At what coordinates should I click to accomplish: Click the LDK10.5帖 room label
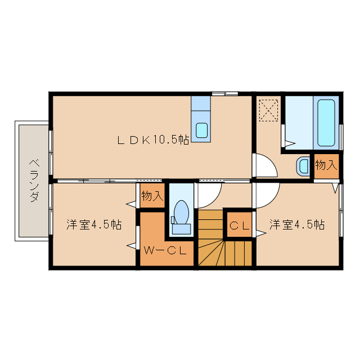click(x=152, y=141)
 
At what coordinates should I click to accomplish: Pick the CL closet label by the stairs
click(x=239, y=226)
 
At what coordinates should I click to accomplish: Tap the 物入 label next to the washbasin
click(x=326, y=165)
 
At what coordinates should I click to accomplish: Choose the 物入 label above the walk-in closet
click(x=152, y=196)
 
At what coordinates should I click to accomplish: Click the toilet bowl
click(x=181, y=212)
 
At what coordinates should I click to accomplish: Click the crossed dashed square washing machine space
click(x=268, y=110)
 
